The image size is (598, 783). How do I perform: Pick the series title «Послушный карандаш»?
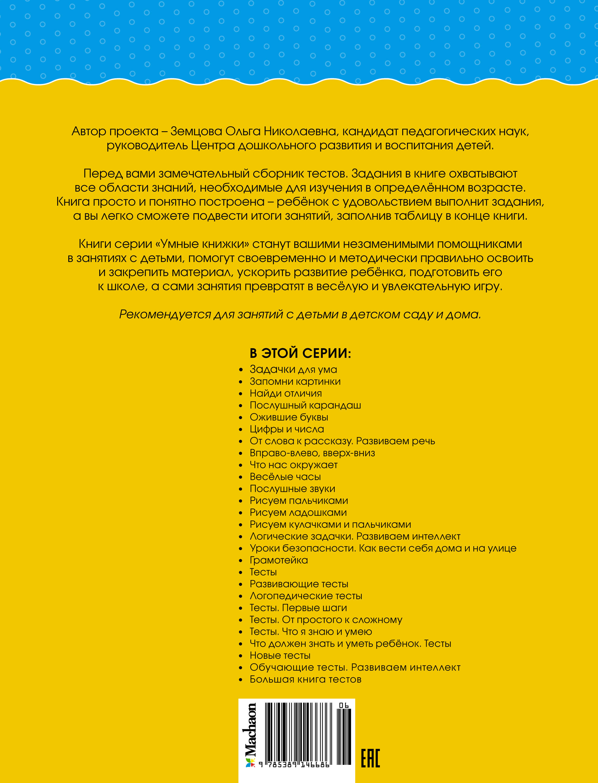pos(305,405)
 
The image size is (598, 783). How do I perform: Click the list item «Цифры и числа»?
pos(287,429)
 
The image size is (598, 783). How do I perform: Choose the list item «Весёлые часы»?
pos(285,477)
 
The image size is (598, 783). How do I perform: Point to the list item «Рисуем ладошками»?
pos(298,512)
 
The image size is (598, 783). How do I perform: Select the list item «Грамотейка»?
pos(278,560)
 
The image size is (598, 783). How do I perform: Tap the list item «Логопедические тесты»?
pos(306,596)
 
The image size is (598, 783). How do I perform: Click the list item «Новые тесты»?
pos(280,655)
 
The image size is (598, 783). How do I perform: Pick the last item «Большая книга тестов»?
pos(305,679)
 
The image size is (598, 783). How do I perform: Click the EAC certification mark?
pos(370,758)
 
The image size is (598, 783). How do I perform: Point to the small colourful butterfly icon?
pos(251,763)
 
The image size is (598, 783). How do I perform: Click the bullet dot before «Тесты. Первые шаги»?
pos(241,608)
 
